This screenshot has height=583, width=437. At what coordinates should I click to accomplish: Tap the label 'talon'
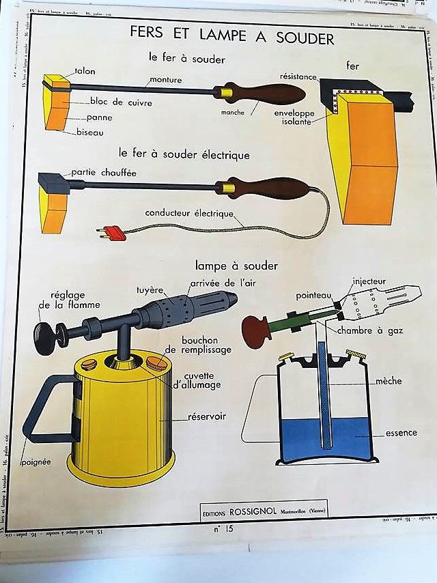tap(81, 71)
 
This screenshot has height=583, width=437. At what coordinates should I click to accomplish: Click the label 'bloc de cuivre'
tap(121, 102)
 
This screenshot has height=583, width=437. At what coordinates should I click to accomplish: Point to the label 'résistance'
tap(298, 76)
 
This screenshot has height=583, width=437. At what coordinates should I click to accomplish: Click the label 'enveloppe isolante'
tap(294, 116)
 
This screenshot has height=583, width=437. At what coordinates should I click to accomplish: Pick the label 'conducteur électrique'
tap(189, 212)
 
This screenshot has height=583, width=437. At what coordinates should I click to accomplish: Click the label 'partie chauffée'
tap(104, 173)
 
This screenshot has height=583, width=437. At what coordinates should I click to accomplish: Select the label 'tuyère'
tap(149, 289)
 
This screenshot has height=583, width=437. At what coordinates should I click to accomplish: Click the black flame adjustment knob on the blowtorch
tap(44, 338)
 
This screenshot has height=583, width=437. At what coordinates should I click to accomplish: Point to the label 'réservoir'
tap(208, 416)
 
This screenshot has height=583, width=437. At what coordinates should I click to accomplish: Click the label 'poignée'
tap(36, 462)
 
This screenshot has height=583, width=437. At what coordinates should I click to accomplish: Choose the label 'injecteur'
tap(369, 281)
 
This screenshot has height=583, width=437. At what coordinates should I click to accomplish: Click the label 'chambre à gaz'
tap(369, 331)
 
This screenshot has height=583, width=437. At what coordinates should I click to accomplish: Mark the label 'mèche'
tap(389, 381)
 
